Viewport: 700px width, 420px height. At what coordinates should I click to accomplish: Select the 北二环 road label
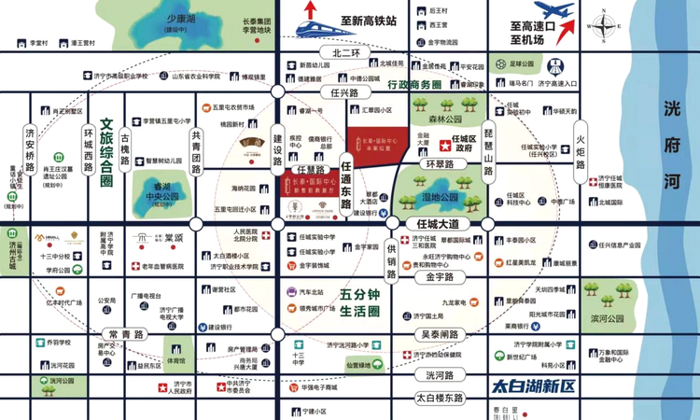click(x=339, y=53)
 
